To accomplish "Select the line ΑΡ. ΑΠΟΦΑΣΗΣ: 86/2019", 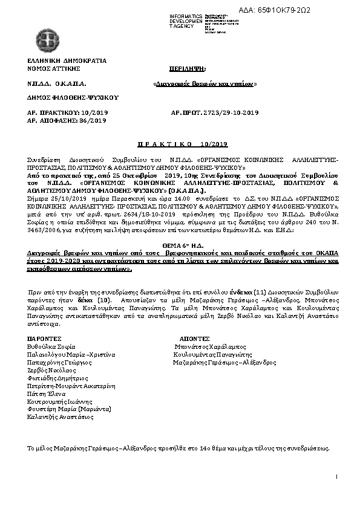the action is click(x=66, y=120).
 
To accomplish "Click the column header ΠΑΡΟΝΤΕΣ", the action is click(x=44, y=339).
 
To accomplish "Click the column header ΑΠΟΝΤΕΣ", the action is click(x=195, y=339).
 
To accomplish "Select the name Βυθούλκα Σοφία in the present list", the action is click(x=51, y=346).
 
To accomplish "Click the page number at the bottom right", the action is click(x=336, y=478).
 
